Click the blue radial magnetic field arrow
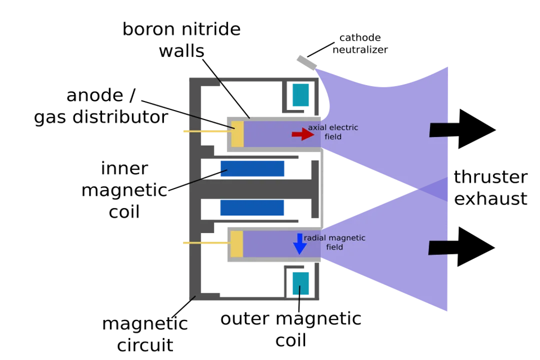299,244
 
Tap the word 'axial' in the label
316,127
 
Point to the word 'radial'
315,238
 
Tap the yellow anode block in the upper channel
237,134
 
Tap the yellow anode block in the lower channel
236,244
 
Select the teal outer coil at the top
301,95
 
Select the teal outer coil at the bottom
301,283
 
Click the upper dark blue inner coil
252,168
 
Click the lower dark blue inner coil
252,208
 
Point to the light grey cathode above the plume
305,61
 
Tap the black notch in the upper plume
439,130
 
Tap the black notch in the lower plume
438,247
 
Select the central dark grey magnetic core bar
260,188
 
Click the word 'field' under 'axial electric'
333,136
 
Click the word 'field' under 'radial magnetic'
334,247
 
